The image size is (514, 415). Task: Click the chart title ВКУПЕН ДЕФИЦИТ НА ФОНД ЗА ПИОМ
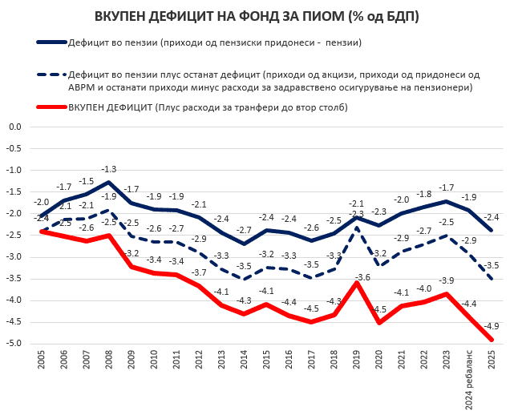click(x=256, y=16)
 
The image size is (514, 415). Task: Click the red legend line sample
click(x=50, y=107)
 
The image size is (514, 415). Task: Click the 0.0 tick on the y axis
click(x=13, y=127)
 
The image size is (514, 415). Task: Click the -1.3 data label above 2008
click(x=108, y=170)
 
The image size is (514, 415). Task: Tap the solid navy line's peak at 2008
click(x=108, y=183)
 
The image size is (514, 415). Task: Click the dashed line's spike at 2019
click(x=355, y=228)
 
